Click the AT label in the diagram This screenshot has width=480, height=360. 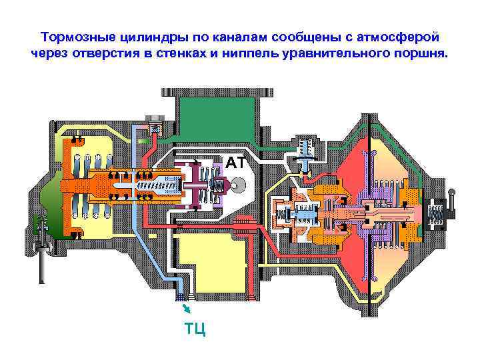(235, 163)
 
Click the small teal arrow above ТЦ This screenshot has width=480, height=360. (187, 308)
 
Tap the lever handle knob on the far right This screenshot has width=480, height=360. (452, 194)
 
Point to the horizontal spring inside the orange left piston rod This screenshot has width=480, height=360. (157, 187)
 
